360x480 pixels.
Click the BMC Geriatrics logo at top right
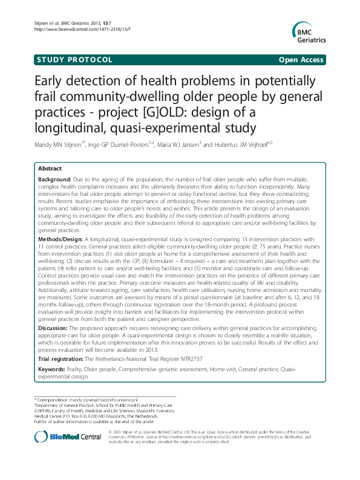[x=309, y=30]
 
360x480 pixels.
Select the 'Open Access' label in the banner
[x=301, y=60]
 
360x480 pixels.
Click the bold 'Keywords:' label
[x=52, y=368]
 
